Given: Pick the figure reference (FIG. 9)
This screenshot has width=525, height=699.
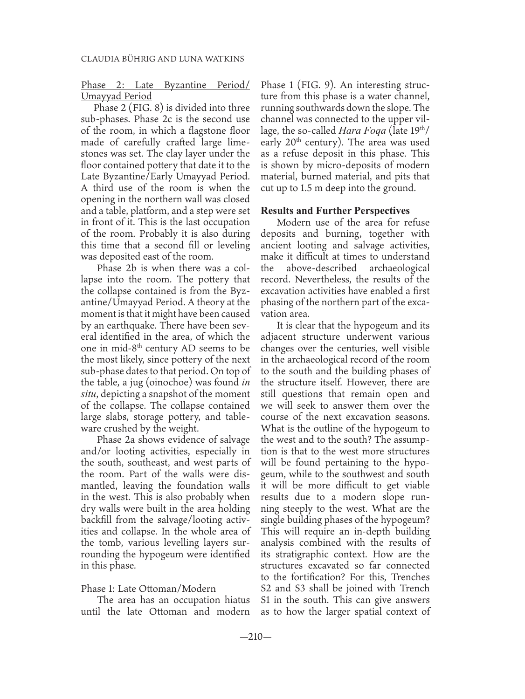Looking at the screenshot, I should (x=320, y=86).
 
